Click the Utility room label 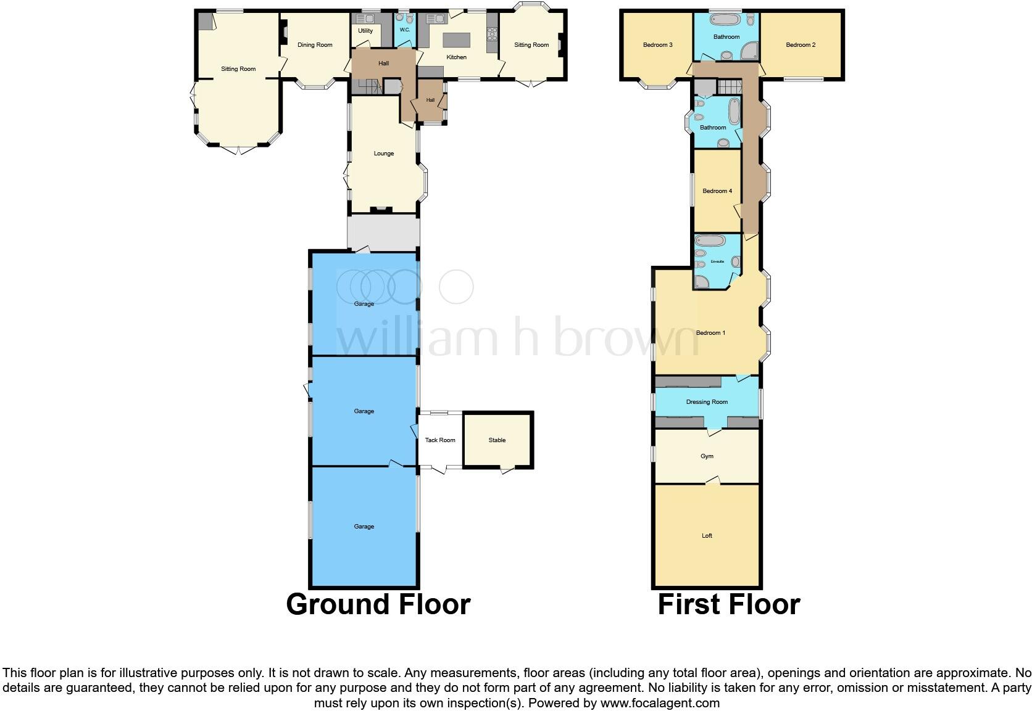pos(365,31)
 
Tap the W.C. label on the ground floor pos(405,30)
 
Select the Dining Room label pos(315,45)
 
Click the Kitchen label pos(457,57)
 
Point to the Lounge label pos(383,154)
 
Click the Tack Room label pos(440,440)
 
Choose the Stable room pos(497,440)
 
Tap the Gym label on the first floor pos(707,456)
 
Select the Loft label pos(707,536)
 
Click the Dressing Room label pos(707,402)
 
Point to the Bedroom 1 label pos(710,333)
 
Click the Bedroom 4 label pos(717,191)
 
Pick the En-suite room pos(716,261)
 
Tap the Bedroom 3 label pos(657,45)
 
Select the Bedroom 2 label pos(801,45)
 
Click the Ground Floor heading pos(378,604)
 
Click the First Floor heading pos(728,604)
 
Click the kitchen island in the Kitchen pos(456,40)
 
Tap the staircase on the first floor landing pos(728,87)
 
